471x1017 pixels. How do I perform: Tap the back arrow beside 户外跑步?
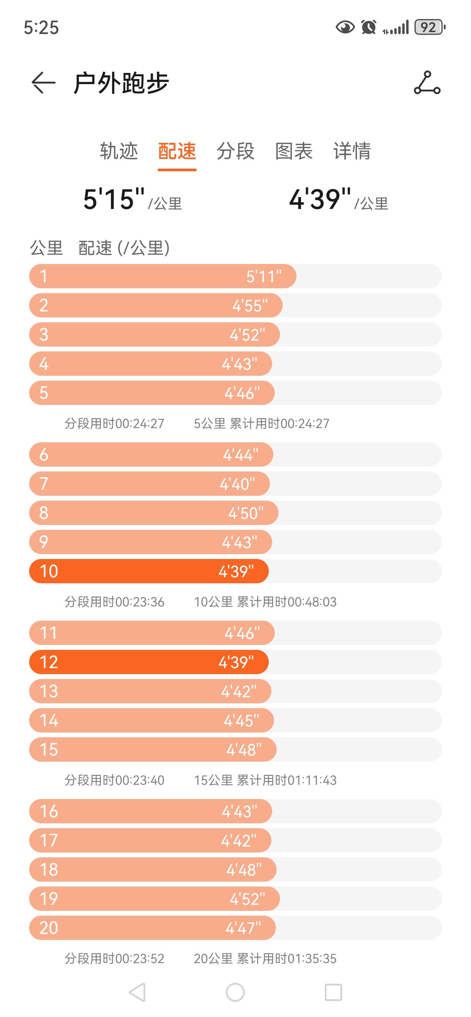pyautogui.click(x=43, y=83)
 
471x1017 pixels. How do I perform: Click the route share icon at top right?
pyautogui.click(x=427, y=83)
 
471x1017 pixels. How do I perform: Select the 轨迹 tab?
pyautogui.click(x=119, y=151)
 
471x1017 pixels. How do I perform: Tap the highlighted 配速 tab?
pyautogui.click(x=177, y=151)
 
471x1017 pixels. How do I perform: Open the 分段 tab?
pyautogui.click(x=235, y=151)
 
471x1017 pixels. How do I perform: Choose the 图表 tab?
pyautogui.click(x=294, y=151)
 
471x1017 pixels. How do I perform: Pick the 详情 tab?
pyautogui.click(x=352, y=151)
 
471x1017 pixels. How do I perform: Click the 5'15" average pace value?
pyautogui.click(x=114, y=199)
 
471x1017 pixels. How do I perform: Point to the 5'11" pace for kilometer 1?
pyautogui.click(x=264, y=276)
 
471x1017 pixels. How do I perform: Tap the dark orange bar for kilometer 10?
pyautogui.click(x=149, y=571)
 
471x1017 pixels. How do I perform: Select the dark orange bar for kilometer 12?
pyautogui.click(x=149, y=662)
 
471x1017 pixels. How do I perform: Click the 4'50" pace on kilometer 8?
pyautogui.click(x=246, y=513)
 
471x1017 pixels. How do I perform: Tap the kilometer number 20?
pyautogui.click(x=49, y=928)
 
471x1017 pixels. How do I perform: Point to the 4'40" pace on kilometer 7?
pyautogui.click(x=237, y=484)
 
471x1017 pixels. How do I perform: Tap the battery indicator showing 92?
pyautogui.click(x=429, y=27)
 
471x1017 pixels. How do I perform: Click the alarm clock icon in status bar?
pyautogui.click(x=369, y=27)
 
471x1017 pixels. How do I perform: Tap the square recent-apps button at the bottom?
pyautogui.click(x=333, y=992)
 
